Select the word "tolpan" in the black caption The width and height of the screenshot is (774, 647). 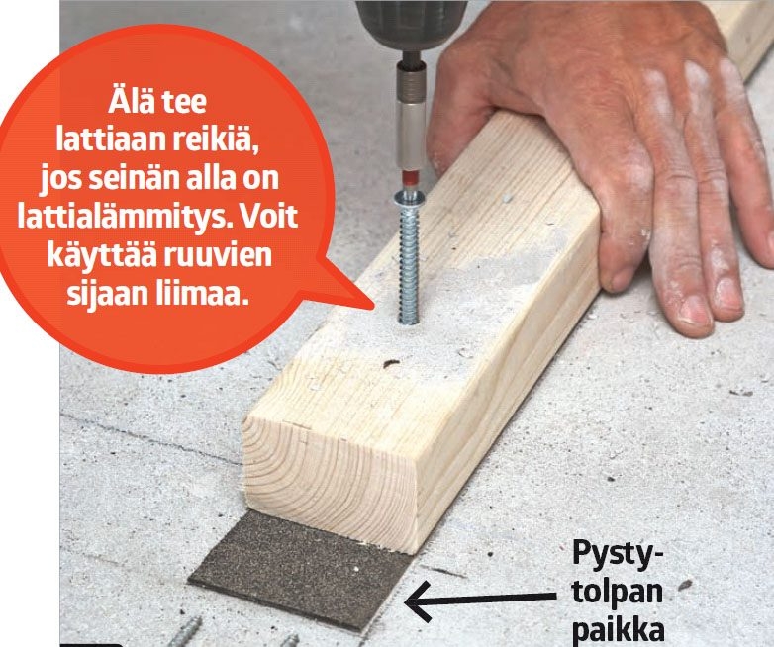coord(617,592)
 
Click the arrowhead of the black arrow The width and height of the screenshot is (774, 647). coord(417,601)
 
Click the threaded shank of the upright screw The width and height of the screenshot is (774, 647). coord(409,265)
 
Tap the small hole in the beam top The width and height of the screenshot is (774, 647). coord(390,364)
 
